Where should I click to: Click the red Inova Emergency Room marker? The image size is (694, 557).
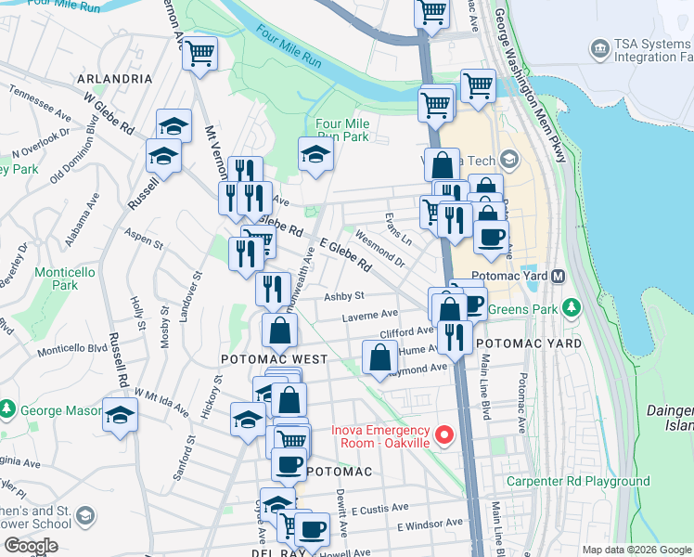tap(444, 434)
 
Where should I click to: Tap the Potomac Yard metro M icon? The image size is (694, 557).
tap(559, 277)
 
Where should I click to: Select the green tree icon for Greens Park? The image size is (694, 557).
tap(572, 306)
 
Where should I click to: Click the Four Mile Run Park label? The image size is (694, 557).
tap(342, 130)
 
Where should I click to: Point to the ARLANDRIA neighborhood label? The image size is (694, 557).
tap(114, 79)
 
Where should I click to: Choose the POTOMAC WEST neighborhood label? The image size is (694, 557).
tap(274, 359)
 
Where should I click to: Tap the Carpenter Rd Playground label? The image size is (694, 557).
tap(577, 481)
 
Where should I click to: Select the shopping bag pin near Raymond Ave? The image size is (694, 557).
tap(379, 357)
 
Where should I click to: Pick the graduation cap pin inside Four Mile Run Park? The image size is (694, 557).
tap(315, 155)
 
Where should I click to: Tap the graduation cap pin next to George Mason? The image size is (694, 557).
tap(120, 415)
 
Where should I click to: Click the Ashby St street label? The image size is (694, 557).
tap(342, 297)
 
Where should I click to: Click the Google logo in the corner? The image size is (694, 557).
tap(31, 546)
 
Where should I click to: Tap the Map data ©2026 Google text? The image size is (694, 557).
tap(636, 550)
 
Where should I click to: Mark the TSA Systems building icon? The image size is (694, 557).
tap(599, 46)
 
